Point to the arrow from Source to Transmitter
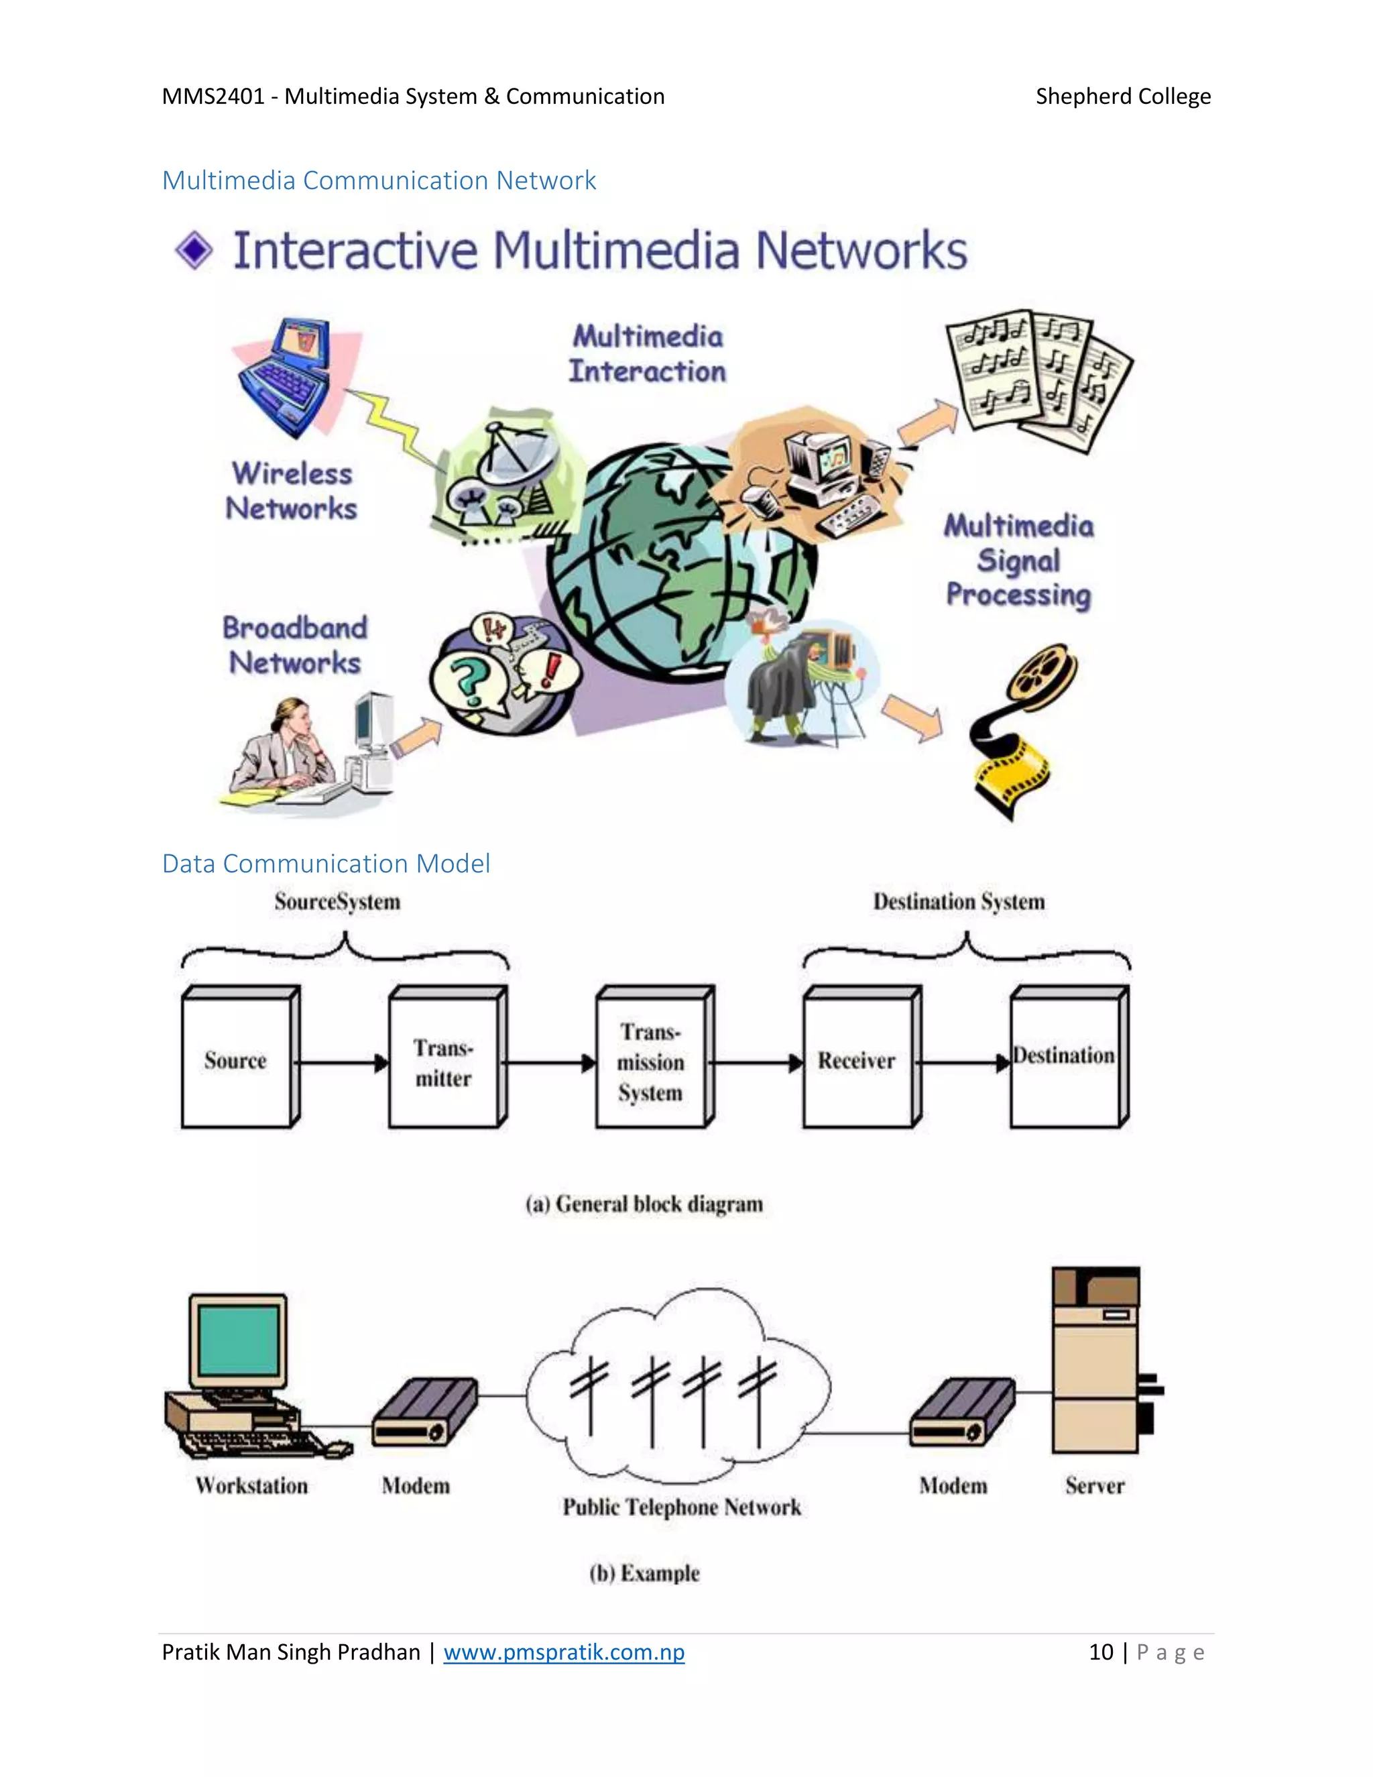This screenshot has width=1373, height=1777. (x=340, y=1063)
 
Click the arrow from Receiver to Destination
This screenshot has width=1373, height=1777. (x=965, y=1063)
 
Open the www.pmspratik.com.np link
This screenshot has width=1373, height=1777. (x=564, y=1652)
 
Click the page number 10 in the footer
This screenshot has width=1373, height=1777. (x=1101, y=1652)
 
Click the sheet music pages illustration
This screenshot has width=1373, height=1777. (x=1036, y=378)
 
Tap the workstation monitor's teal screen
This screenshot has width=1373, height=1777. (x=238, y=1339)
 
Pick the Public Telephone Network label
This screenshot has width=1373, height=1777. (x=682, y=1507)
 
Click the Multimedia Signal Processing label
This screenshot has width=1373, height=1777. (x=1018, y=561)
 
